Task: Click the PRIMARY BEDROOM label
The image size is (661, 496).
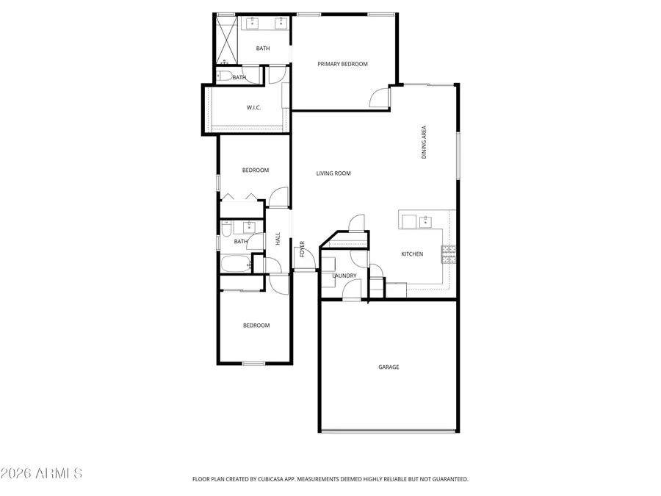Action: pyautogui.click(x=342, y=64)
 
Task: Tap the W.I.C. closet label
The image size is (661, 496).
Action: pyautogui.click(x=254, y=108)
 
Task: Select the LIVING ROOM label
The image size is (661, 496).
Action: pyautogui.click(x=333, y=173)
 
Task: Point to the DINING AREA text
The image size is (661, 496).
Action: pyautogui.click(x=424, y=143)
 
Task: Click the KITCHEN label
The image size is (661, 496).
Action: pyautogui.click(x=412, y=254)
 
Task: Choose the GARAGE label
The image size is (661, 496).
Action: pyautogui.click(x=389, y=367)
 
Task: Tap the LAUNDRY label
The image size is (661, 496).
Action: pyautogui.click(x=344, y=276)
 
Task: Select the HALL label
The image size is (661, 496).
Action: pyautogui.click(x=278, y=239)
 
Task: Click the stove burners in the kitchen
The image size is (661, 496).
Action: pyautogui.click(x=448, y=254)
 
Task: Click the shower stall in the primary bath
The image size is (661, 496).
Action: pyautogui.click(x=226, y=40)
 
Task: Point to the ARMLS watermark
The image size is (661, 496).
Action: pyautogui.click(x=42, y=472)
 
